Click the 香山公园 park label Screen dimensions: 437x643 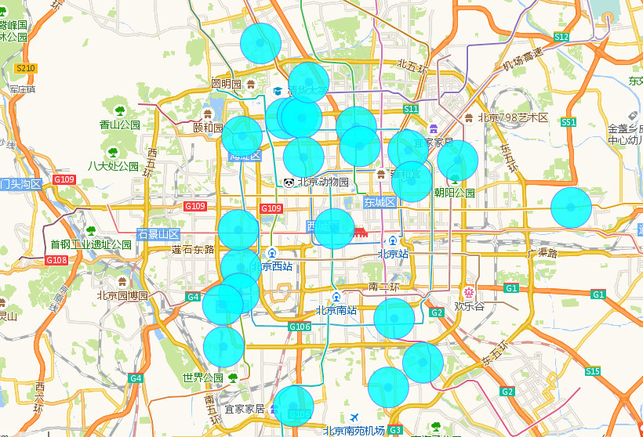pyautogui.click(x=120, y=125)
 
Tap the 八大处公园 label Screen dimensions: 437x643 pyautogui.click(x=113, y=166)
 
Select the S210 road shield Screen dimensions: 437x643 pyautogui.click(x=26, y=69)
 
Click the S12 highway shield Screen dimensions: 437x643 pyautogui.click(x=561, y=37)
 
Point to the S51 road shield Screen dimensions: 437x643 pyautogui.click(x=569, y=122)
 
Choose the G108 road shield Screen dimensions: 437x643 pyautogui.click(x=56, y=260)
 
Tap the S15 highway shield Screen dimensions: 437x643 pyautogui.click(x=592, y=371)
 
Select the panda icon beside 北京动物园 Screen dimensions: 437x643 pyautogui.click(x=289, y=182)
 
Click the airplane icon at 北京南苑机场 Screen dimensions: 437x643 pyautogui.click(x=354, y=417)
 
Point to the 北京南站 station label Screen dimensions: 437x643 pyautogui.click(x=336, y=309)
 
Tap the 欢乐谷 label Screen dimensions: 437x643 pyautogui.click(x=469, y=305)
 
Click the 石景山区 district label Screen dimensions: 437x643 pyautogui.click(x=158, y=234)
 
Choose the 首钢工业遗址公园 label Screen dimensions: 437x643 pyautogui.click(x=91, y=244)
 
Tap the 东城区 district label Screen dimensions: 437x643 pyautogui.click(x=382, y=202)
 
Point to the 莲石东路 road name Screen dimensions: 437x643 pyautogui.click(x=193, y=249)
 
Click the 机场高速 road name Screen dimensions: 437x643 pyautogui.click(x=522, y=58)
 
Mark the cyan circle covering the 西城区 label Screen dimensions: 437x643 pyautogui.click(x=334, y=229)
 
